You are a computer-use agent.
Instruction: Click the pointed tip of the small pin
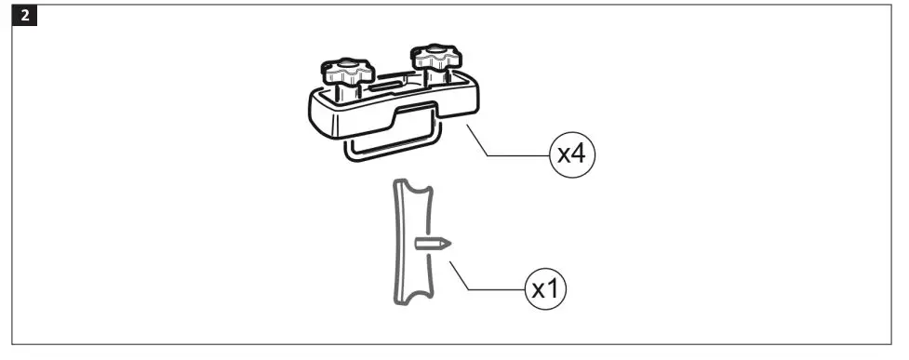click(448, 244)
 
